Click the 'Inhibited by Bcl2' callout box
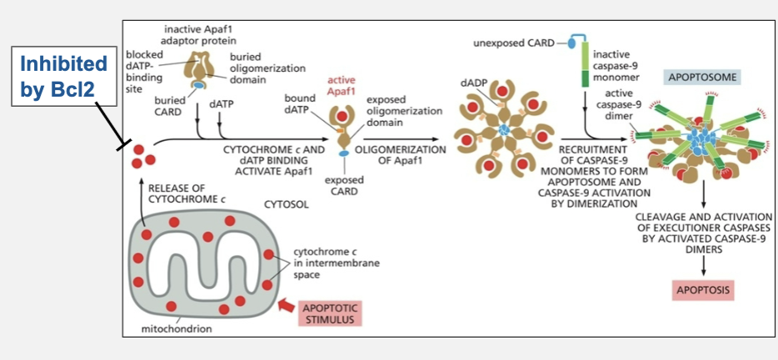63,77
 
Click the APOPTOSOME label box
701,77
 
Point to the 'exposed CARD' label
345,185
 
